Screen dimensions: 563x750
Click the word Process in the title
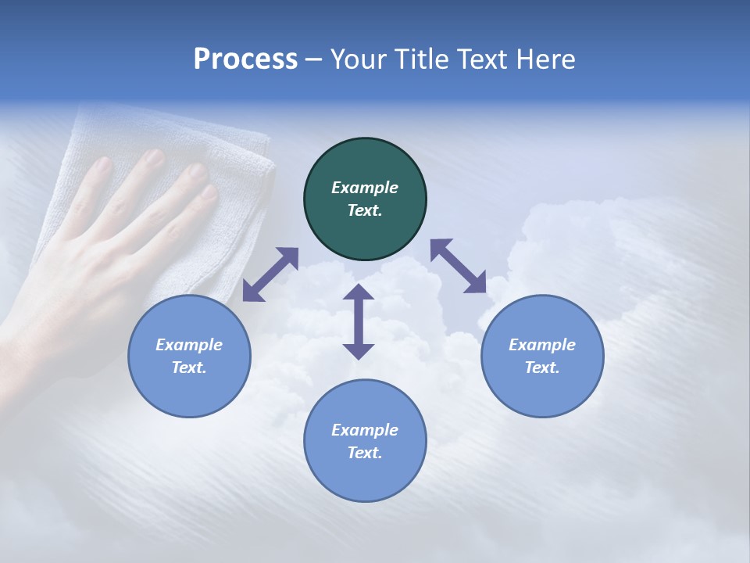pos(245,59)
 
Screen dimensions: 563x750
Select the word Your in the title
pos(356,59)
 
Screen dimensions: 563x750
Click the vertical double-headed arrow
pos(359,322)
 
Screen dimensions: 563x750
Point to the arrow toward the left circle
pos(270,274)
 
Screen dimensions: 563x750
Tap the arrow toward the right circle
pos(458,266)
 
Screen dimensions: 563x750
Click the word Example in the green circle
pos(365,188)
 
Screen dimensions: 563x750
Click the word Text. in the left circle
pos(189,368)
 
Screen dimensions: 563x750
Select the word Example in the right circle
pos(542,345)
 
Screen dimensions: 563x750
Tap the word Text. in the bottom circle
pos(365,453)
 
